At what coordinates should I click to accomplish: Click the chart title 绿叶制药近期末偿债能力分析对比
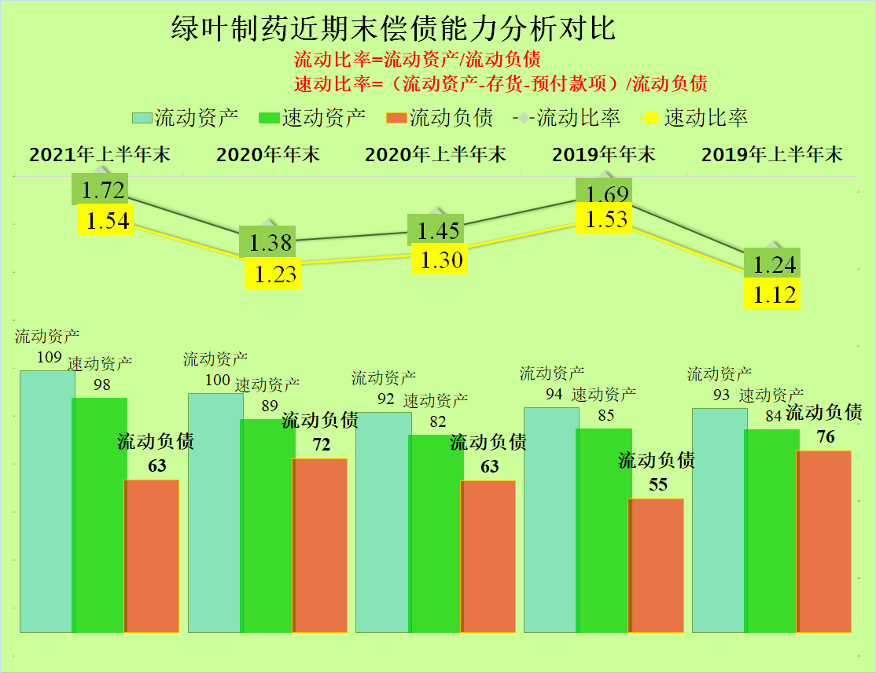click(x=394, y=29)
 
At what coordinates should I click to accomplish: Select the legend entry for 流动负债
click(x=440, y=118)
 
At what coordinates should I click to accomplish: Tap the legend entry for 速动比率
click(x=696, y=118)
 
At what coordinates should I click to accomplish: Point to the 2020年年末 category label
click(x=268, y=154)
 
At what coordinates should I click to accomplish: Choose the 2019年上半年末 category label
click(x=771, y=154)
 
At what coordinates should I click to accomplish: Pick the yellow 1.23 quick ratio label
click(x=273, y=274)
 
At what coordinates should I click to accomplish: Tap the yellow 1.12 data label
click(x=771, y=295)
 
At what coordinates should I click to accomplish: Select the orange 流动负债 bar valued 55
click(x=656, y=565)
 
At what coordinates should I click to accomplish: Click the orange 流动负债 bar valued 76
click(x=823, y=541)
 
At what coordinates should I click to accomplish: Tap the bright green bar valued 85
click(x=604, y=530)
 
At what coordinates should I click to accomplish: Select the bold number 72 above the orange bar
click(x=322, y=444)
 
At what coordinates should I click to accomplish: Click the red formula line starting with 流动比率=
click(x=417, y=60)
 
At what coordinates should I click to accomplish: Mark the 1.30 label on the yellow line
click(x=441, y=259)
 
